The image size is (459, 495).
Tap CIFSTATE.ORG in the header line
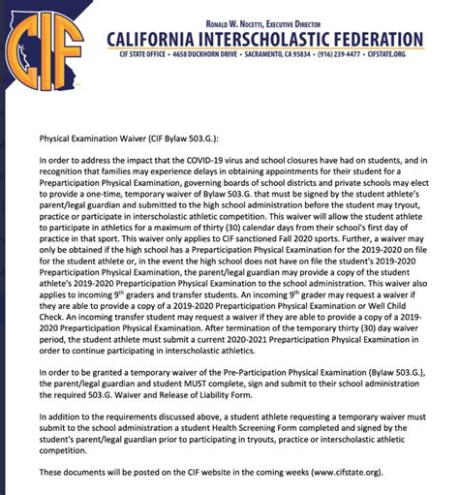point(407,55)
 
